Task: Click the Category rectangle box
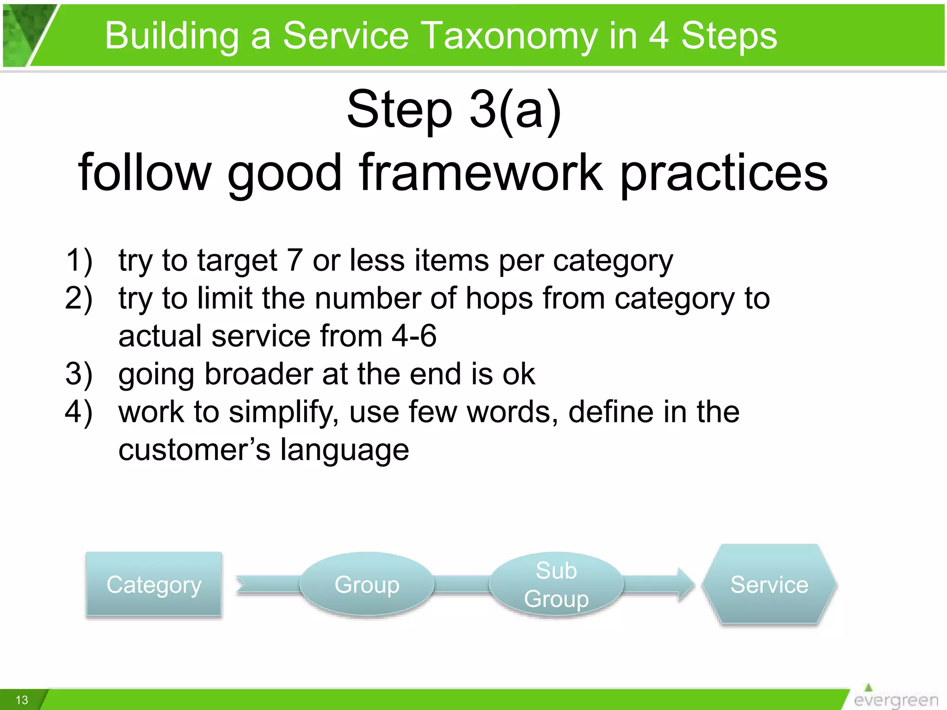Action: point(154,584)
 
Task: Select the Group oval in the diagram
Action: point(367,584)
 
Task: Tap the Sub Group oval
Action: point(556,584)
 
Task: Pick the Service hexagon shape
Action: point(769,584)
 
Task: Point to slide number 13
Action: point(22,700)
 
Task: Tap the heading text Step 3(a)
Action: point(454,110)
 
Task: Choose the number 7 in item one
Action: point(295,260)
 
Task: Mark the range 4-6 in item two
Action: point(414,336)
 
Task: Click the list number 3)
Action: point(79,373)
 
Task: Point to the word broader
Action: point(258,373)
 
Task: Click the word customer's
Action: point(194,450)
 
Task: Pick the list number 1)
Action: point(79,260)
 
